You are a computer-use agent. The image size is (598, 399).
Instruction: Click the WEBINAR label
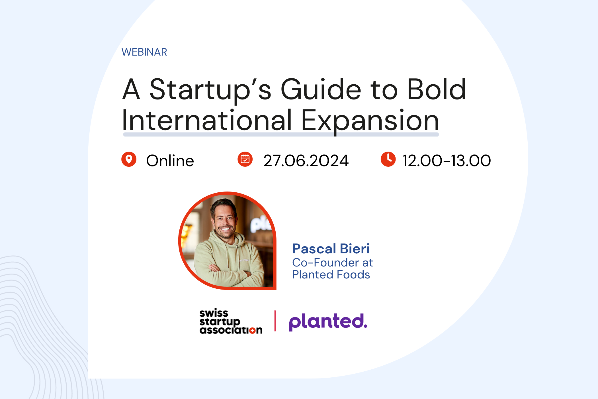(x=144, y=52)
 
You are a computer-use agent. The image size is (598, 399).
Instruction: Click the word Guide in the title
(x=321, y=89)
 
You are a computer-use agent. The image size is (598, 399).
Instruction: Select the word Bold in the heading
(x=437, y=89)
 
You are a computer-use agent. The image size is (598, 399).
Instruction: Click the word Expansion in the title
(x=370, y=121)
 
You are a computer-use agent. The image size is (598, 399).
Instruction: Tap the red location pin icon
(x=129, y=159)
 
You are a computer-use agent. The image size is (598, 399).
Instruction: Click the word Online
(x=170, y=160)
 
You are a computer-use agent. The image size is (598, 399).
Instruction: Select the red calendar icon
(x=245, y=159)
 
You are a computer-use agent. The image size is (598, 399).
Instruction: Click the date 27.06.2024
(x=306, y=161)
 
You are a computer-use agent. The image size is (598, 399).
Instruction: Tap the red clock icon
(x=388, y=159)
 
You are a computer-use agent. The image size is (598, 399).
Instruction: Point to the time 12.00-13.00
(x=447, y=161)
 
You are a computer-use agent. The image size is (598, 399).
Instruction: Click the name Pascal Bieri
(x=331, y=249)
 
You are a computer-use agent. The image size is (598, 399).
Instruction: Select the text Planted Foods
(x=331, y=275)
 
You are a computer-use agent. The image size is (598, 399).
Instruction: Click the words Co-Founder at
(x=333, y=263)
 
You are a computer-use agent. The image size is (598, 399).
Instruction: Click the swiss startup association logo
(x=231, y=321)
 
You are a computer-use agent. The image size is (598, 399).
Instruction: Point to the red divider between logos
(x=275, y=321)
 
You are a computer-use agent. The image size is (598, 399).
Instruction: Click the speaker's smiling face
(x=225, y=221)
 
